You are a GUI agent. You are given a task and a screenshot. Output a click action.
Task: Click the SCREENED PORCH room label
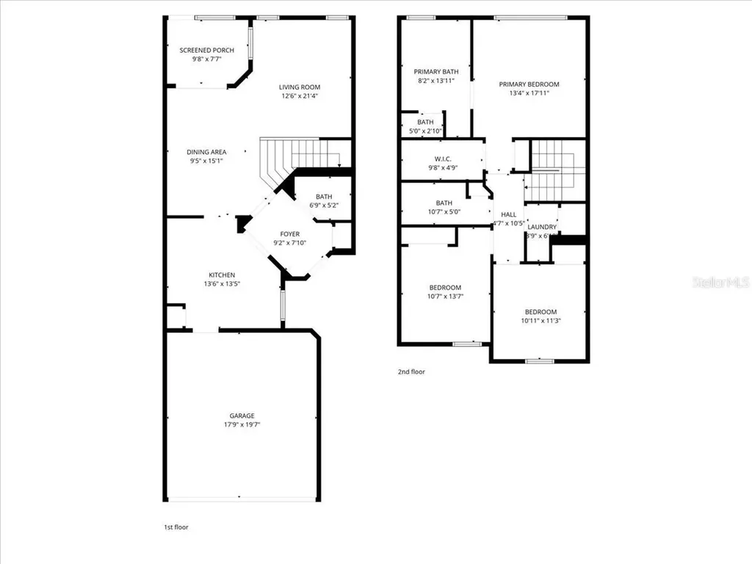(207, 50)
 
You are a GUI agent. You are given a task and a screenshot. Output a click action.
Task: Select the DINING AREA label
(206, 152)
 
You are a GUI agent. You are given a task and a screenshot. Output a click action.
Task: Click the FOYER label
(289, 234)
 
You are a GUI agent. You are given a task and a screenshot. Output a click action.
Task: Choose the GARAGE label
(242, 416)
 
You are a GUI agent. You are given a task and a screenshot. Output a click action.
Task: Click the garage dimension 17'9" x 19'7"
(242, 424)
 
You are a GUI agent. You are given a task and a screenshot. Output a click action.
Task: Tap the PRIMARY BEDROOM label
(529, 84)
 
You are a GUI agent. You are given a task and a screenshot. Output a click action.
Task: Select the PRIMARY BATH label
(435, 72)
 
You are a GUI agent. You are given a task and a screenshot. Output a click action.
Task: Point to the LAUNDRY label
(542, 227)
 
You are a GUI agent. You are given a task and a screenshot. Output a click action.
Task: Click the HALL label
(508, 214)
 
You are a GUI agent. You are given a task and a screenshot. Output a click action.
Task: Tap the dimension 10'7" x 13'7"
(445, 296)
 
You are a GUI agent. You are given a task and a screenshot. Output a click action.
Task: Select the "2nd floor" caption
(411, 372)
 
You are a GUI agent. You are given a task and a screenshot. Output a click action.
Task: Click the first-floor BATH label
(324, 196)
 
